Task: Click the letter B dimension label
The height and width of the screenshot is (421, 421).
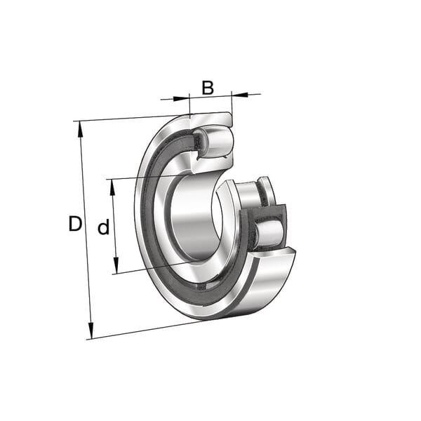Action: (x=208, y=88)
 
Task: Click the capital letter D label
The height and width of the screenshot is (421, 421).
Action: (x=75, y=223)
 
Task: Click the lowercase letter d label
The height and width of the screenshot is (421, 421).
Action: (x=104, y=227)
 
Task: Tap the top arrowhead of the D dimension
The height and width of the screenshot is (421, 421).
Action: (x=80, y=130)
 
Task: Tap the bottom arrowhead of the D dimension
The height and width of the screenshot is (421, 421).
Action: (x=91, y=330)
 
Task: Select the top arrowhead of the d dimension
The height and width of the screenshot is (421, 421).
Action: (x=112, y=187)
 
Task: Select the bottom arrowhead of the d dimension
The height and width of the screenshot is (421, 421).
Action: (x=116, y=265)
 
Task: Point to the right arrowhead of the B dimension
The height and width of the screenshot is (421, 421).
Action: (x=240, y=95)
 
